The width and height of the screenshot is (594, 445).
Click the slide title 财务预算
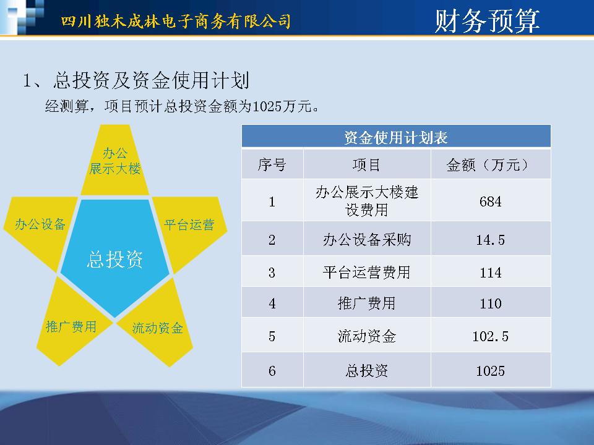pyautogui.click(x=487, y=20)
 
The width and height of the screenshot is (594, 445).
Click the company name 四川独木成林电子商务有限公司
pyautogui.click(x=176, y=21)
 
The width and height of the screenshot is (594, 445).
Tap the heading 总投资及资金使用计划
pyautogui.click(x=151, y=80)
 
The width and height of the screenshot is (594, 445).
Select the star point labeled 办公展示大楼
pyautogui.click(x=115, y=160)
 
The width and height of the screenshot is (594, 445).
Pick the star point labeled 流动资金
pyautogui.click(x=158, y=326)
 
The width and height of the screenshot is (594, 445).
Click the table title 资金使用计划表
pyautogui.click(x=396, y=137)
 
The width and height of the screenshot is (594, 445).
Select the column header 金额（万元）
pyautogui.click(x=491, y=164)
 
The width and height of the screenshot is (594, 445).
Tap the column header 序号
pyautogui.click(x=272, y=164)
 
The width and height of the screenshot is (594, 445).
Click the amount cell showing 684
pyautogui.click(x=491, y=200)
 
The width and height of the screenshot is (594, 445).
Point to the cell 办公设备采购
pyautogui.click(x=367, y=239)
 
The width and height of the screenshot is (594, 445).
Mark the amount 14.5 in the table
pyautogui.click(x=491, y=240)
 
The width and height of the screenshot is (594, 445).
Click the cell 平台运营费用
pyautogui.click(x=367, y=272)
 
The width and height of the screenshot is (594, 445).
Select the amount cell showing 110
pyautogui.click(x=491, y=302)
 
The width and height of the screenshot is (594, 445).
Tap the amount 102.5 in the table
pyautogui.click(x=491, y=336)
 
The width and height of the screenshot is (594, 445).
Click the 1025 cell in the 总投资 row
pyautogui.click(x=491, y=370)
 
